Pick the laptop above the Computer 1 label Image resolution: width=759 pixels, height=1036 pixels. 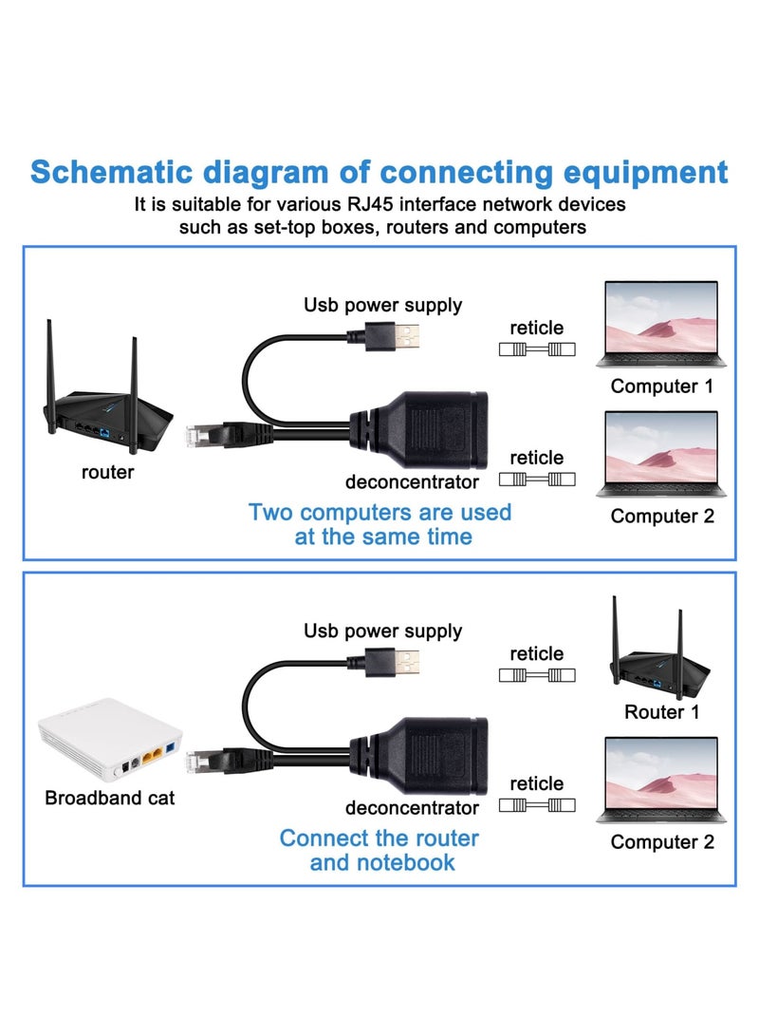660,324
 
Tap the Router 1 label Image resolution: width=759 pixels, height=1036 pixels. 661,712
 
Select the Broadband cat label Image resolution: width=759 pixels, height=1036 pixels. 110,798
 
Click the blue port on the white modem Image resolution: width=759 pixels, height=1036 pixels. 171,750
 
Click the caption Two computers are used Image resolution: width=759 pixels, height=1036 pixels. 379,513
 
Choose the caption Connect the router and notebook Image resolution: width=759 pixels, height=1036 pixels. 379,850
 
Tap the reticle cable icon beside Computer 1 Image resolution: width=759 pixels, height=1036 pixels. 537,349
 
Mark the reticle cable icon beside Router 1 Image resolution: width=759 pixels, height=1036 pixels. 537,675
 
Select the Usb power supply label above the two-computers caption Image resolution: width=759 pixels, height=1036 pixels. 382,305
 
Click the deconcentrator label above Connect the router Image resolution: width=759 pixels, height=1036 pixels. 412,808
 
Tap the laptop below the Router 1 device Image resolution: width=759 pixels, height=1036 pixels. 660,781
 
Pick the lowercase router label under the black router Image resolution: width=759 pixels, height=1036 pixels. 107,472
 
